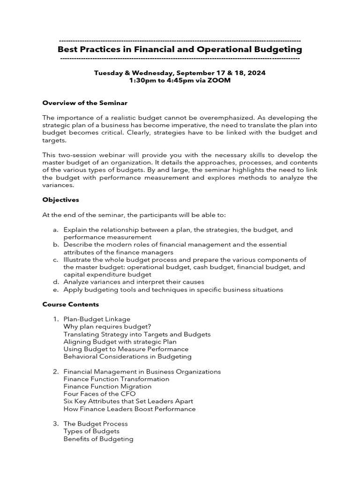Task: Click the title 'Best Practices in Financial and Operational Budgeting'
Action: tap(180, 49)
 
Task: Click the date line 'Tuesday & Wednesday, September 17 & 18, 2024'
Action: tap(180, 73)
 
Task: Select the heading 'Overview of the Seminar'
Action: tap(85, 103)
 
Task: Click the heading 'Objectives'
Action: tap(60, 200)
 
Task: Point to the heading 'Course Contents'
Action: tap(70, 304)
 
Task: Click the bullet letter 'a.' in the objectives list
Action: tap(55, 230)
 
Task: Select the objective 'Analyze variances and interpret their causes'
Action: tap(134, 282)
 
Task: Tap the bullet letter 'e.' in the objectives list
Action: tap(55, 290)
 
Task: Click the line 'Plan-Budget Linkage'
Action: tap(97, 319)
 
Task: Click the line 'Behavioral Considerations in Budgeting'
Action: tap(127, 357)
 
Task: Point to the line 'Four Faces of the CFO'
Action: tap(99, 394)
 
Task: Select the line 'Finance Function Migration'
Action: tap(107, 386)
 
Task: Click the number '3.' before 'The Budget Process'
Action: tap(56, 424)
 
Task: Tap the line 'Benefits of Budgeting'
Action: tap(98, 439)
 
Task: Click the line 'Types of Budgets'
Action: tap(91, 431)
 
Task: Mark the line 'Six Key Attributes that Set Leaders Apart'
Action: tap(128, 401)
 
